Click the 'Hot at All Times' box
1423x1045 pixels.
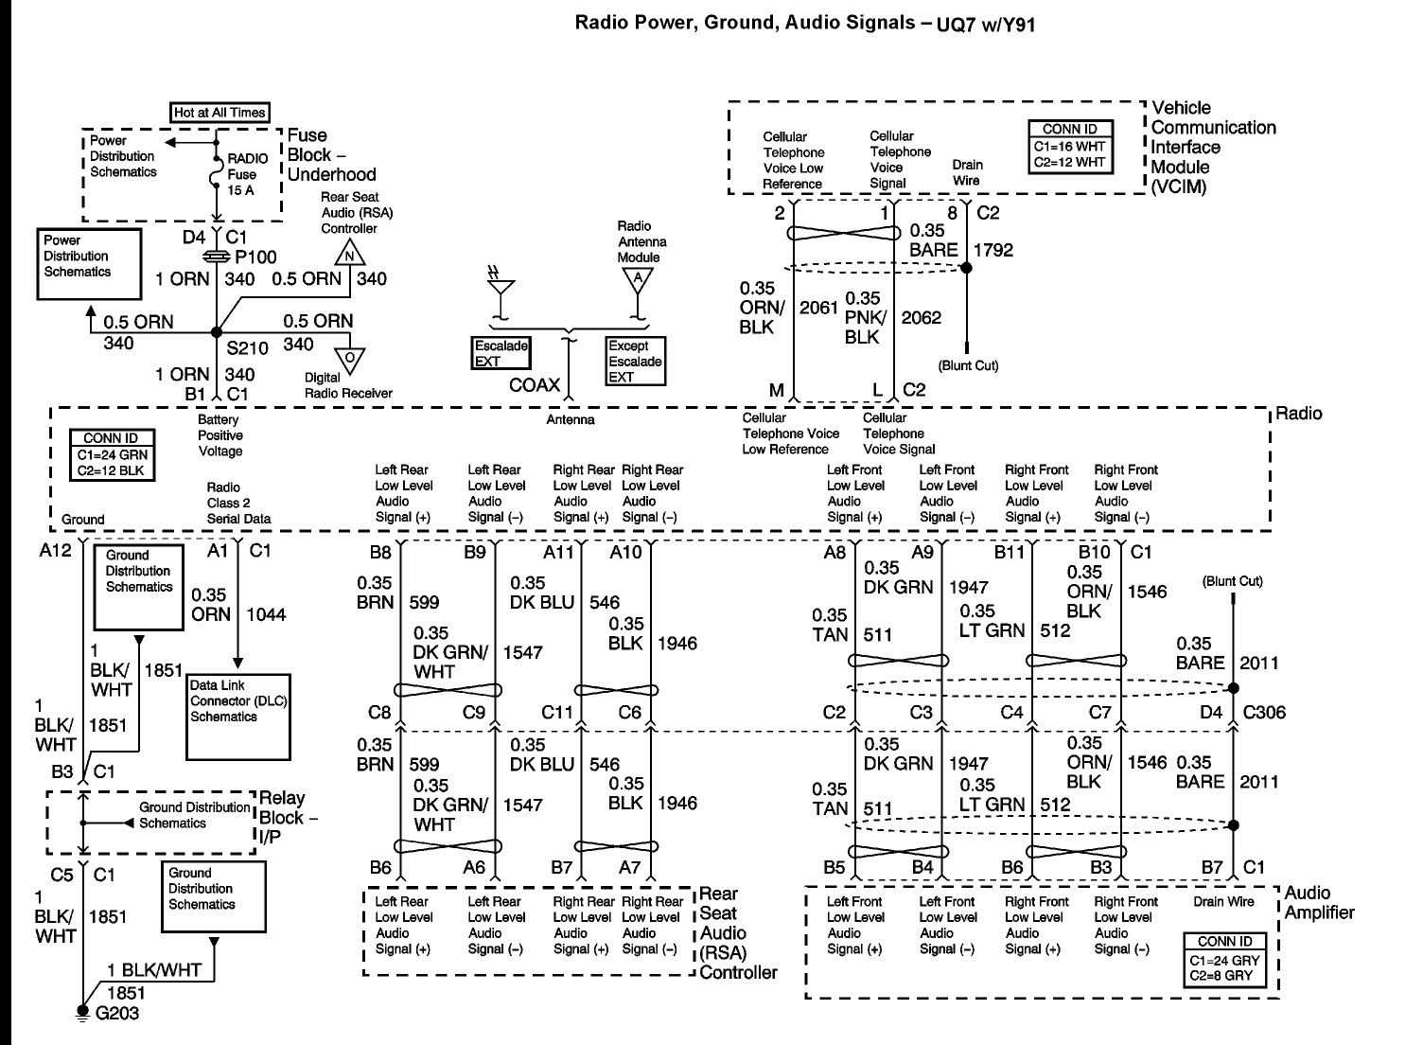click(220, 113)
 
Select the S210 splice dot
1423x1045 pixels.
click(217, 331)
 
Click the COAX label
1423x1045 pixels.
click(535, 385)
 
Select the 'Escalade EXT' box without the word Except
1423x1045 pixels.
click(501, 353)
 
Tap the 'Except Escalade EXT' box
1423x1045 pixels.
click(635, 361)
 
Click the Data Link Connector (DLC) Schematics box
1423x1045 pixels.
click(237, 716)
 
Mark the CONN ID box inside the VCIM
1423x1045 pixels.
click(1068, 146)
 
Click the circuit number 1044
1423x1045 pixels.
click(266, 614)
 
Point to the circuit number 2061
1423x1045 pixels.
click(818, 307)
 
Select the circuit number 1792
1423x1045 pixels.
click(993, 250)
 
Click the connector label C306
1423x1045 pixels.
click(1264, 712)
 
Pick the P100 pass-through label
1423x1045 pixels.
click(255, 257)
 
